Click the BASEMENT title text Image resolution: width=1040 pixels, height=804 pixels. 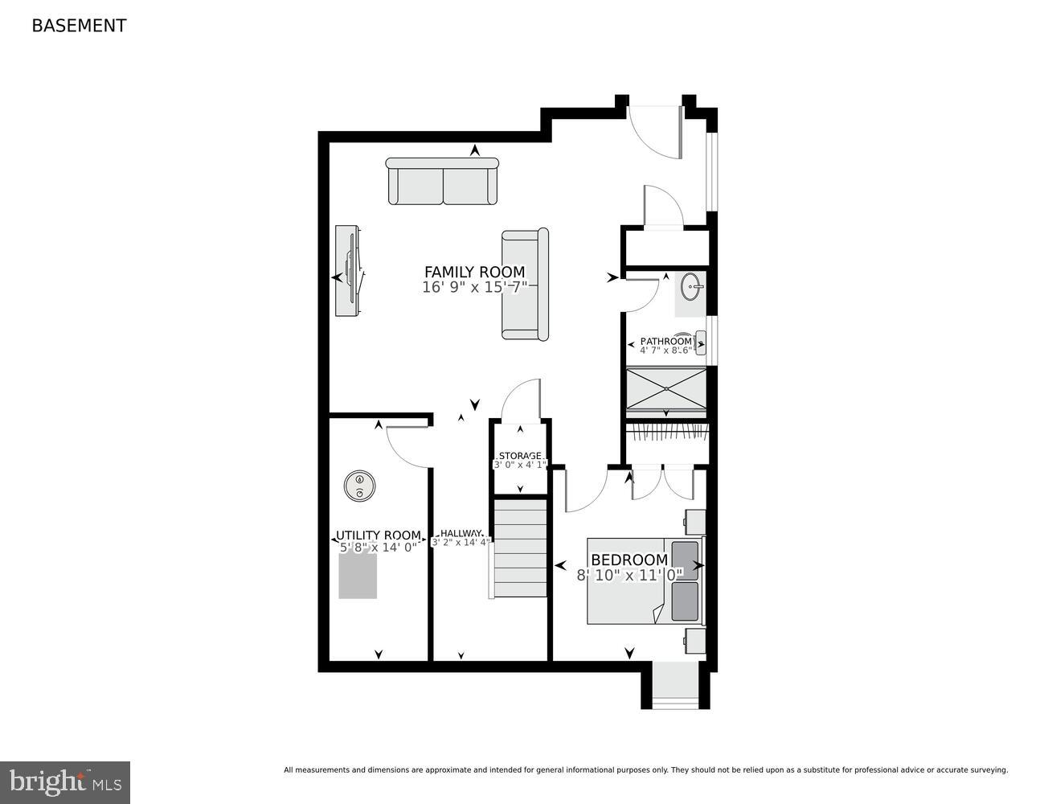(x=79, y=26)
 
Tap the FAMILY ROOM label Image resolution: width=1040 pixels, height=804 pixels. (x=474, y=272)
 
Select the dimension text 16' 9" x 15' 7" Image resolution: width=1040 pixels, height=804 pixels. (x=474, y=287)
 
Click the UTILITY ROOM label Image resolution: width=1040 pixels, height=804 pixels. (x=378, y=535)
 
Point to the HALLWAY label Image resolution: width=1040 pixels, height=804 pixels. (x=461, y=533)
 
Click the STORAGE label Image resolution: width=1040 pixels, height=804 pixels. (x=520, y=456)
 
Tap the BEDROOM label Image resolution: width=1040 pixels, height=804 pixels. (x=629, y=560)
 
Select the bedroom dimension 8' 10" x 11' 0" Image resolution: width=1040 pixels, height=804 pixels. (x=629, y=575)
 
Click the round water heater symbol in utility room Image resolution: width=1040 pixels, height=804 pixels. (x=359, y=486)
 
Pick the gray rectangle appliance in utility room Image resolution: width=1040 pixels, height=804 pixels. (x=358, y=575)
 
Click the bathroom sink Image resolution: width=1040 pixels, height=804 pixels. (x=690, y=285)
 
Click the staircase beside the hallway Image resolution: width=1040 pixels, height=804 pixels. (x=519, y=548)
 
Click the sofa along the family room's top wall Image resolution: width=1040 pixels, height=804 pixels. (x=442, y=182)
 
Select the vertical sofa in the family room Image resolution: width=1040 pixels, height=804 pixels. (x=525, y=284)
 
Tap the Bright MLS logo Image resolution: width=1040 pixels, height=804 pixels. (x=65, y=781)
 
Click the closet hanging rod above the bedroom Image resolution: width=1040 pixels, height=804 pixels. (x=667, y=433)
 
